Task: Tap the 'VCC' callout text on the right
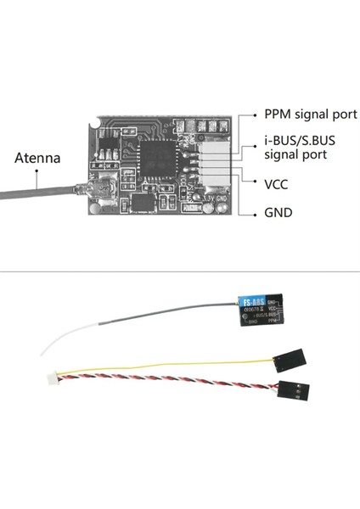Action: (277, 183)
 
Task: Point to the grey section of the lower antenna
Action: (153, 327)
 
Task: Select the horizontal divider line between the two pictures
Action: (180, 272)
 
